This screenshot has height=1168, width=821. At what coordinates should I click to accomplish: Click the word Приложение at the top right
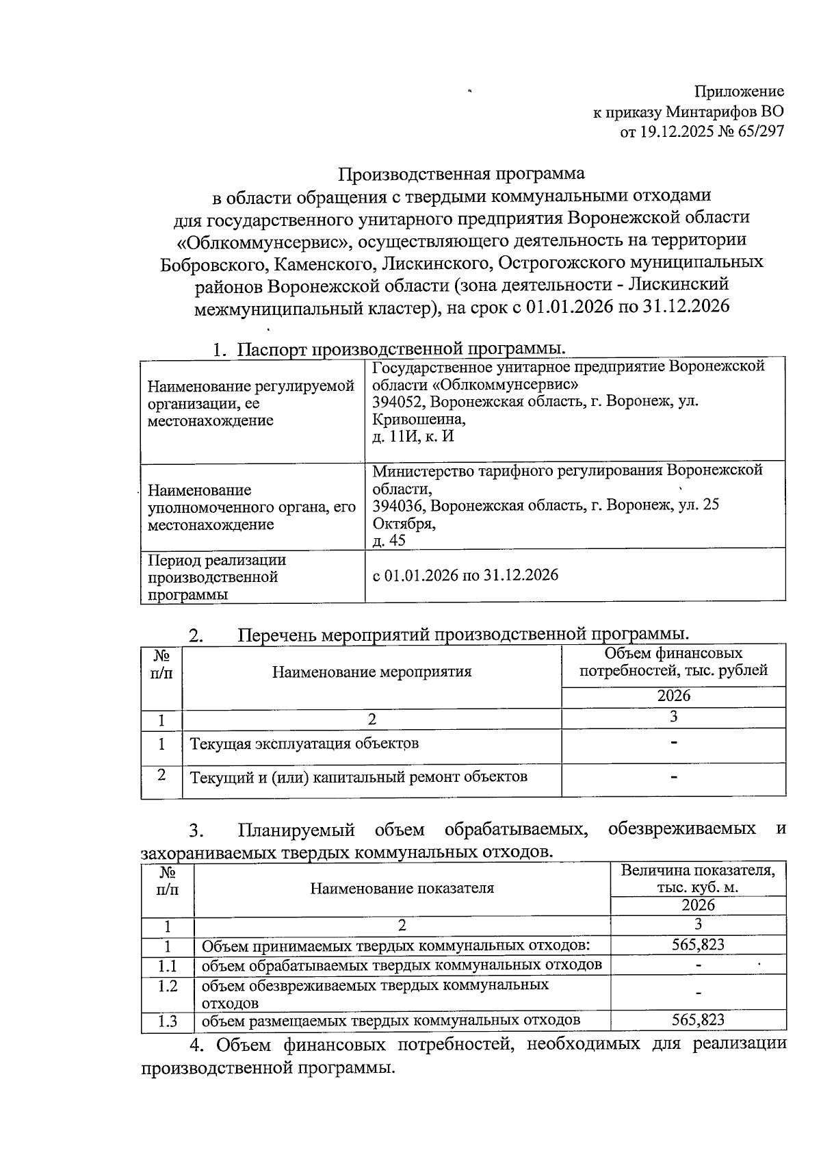[x=739, y=92]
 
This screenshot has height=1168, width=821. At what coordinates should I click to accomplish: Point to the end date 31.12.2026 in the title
[x=686, y=306]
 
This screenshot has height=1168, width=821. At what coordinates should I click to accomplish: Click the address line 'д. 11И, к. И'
[x=413, y=436]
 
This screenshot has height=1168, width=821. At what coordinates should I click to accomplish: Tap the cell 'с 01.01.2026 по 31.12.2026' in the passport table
[x=465, y=574]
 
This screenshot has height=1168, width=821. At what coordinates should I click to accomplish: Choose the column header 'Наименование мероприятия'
[x=372, y=672]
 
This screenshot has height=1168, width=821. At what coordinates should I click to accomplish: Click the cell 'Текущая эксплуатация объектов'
[x=304, y=744]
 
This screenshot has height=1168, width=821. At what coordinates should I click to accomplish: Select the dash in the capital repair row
[x=674, y=776]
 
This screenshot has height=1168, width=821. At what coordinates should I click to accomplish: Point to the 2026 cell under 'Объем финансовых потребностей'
[x=674, y=696]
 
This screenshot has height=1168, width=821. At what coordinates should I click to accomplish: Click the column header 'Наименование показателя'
[x=402, y=889]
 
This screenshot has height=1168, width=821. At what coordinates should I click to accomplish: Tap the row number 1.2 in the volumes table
[x=168, y=986]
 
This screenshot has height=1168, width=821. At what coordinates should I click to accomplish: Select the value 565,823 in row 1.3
[x=698, y=1020]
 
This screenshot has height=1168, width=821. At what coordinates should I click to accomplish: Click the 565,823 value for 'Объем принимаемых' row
[x=698, y=945]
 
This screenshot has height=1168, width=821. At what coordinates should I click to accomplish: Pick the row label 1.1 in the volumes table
[x=168, y=965]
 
